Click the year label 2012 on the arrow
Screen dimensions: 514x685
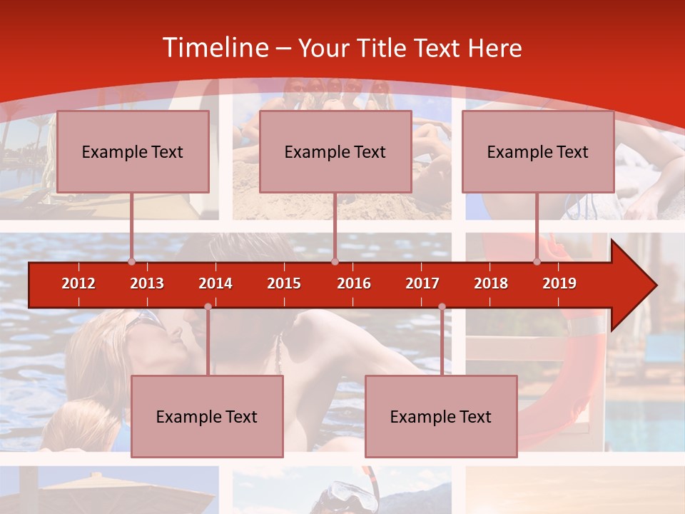(78, 283)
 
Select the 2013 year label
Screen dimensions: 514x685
(147, 283)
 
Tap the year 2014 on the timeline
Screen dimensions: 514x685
(215, 283)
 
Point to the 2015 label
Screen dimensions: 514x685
(284, 283)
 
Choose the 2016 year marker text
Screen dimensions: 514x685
(354, 283)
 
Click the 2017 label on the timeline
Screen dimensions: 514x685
(422, 283)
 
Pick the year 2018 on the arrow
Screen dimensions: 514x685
(491, 283)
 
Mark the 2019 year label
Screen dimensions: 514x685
(559, 283)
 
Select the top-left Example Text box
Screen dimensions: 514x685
(133, 151)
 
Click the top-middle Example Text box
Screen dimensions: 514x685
(335, 151)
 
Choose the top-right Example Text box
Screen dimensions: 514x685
(538, 151)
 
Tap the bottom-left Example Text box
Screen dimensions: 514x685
(207, 416)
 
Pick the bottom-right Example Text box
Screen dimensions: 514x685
(441, 416)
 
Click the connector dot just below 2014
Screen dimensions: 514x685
(208, 306)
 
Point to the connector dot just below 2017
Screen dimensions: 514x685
(442, 306)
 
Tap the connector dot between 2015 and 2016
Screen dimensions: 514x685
(335, 261)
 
